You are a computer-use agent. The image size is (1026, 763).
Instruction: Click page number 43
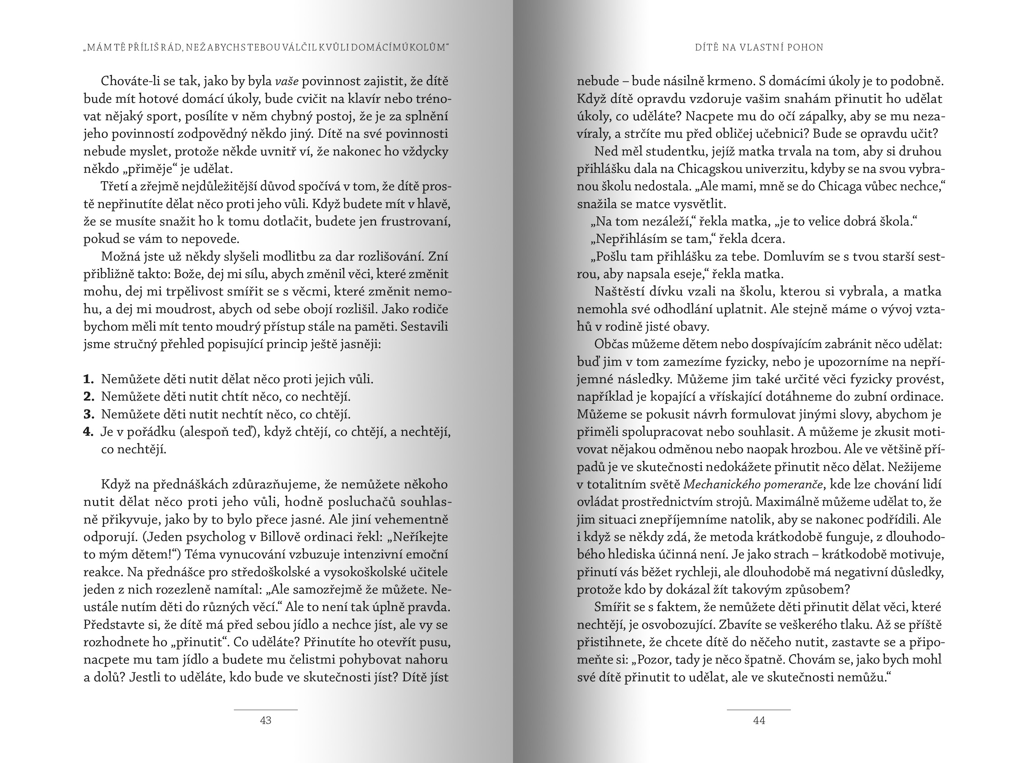point(266,720)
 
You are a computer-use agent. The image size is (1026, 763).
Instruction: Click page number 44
point(759,720)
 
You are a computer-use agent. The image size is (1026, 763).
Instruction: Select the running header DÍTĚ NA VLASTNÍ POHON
point(759,47)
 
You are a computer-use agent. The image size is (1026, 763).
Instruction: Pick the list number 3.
point(88,414)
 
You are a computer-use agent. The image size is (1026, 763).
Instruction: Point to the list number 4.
point(88,432)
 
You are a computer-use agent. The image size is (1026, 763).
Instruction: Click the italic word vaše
point(287,81)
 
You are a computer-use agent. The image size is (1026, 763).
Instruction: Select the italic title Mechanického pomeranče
point(753,484)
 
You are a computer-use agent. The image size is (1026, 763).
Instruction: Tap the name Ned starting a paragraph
point(605,151)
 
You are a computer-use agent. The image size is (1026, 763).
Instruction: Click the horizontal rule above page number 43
point(266,709)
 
